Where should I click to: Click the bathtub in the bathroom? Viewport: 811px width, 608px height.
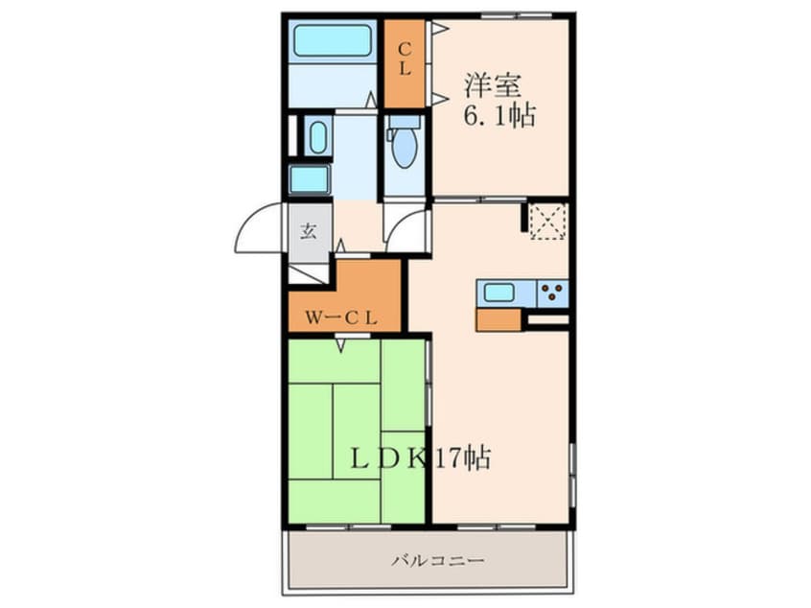pyautogui.click(x=333, y=41)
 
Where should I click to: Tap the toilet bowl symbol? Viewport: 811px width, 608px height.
pyautogui.click(x=405, y=145)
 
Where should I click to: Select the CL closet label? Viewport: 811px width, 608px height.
pyautogui.click(x=405, y=58)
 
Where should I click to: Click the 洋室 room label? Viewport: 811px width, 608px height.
pyautogui.click(x=493, y=85)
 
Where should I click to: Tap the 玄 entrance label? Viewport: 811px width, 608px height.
pyautogui.click(x=310, y=230)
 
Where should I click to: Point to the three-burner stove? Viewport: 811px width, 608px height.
pyautogui.click(x=553, y=292)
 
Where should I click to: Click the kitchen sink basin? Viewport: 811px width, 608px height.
pyautogui.click(x=500, y=292)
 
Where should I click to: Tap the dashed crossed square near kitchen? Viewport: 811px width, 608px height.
pyautogui.click(x=547, y=220)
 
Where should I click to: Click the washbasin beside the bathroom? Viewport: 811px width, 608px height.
pyautogui.click(x=318, y=135)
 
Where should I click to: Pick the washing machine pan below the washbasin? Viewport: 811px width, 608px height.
pyautogui.click(x=310, y=178)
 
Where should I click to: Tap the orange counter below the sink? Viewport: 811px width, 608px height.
pyautogui.click(x=498, y=319)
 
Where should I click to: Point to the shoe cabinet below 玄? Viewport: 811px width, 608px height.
pyautogui.click(x=307, y=272)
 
